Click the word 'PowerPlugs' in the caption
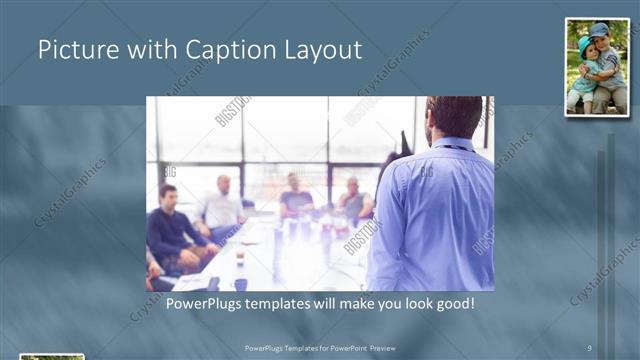pos(207,302)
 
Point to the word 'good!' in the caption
pos(450,302)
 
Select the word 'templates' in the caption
pos(287,302)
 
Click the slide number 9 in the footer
pos(589,348)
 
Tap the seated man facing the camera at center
pos(295,197)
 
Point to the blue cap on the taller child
pos(599,30)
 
